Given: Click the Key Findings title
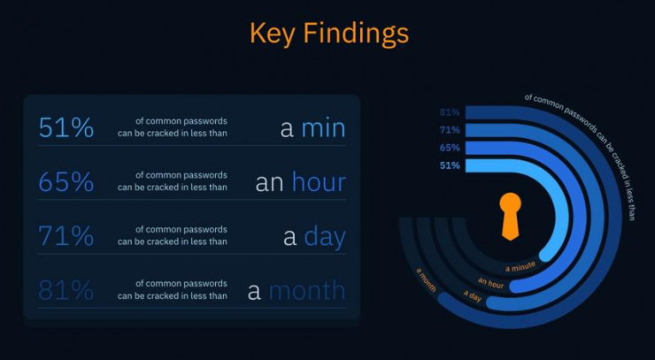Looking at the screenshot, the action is coord(329,34).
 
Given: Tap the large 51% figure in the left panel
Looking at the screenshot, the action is coord(66,127).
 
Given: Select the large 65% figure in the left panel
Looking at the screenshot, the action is coord(66,181).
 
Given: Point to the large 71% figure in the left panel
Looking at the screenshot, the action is coord(66,236).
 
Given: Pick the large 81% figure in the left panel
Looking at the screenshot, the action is coord(66,290).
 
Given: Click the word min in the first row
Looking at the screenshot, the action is coord(323,128).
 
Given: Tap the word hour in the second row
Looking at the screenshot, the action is coord(319,181).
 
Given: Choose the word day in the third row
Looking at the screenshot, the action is coord(325,237).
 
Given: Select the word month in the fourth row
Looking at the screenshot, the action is coord(307,290).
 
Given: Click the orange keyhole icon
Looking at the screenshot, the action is coord(511,216).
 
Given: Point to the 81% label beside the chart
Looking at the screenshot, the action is coord(450,112).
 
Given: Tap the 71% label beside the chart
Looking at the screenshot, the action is coord(450,130).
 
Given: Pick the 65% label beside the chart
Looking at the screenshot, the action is coord(450,148).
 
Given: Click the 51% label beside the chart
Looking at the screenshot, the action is coord(450,165).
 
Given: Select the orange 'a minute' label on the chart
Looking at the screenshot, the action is coord(520,266).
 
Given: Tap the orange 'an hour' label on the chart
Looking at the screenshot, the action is coord(491,283).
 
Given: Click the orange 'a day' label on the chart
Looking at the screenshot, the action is coord(473,295).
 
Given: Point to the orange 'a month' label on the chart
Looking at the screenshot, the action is coord(426,280).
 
